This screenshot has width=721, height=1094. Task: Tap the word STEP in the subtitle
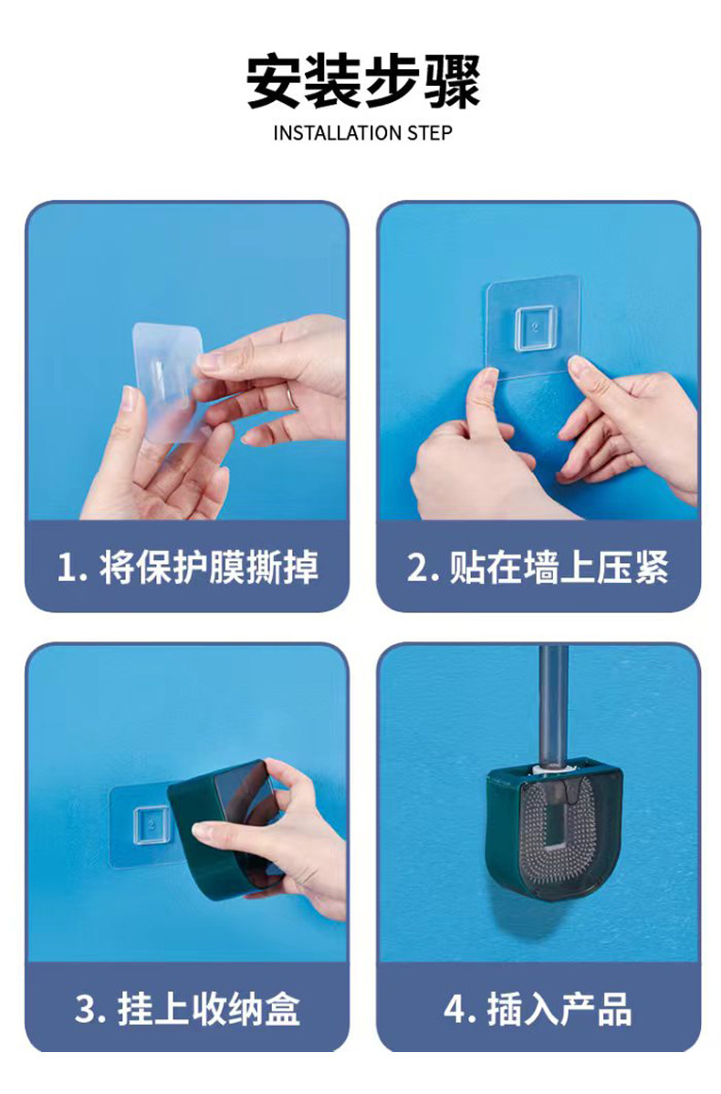[430, 132]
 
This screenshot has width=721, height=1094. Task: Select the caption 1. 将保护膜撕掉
[187, 567]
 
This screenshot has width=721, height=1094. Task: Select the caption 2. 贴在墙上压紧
[538, 567]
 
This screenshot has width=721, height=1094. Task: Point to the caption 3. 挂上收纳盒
[187, 1009]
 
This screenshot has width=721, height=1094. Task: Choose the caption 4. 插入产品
[538, 1009]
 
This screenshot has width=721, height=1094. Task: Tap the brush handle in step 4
[553, 704]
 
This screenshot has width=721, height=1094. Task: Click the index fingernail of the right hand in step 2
[579, 367]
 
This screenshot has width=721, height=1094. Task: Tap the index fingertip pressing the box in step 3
[200, 830]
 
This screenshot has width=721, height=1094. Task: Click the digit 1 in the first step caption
[66, 568]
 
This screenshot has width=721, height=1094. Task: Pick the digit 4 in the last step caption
[455, 1009]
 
